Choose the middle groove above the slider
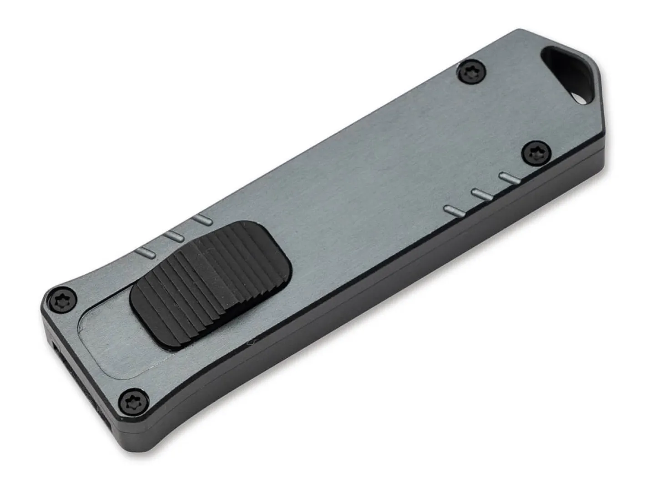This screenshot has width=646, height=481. point(175,235)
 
